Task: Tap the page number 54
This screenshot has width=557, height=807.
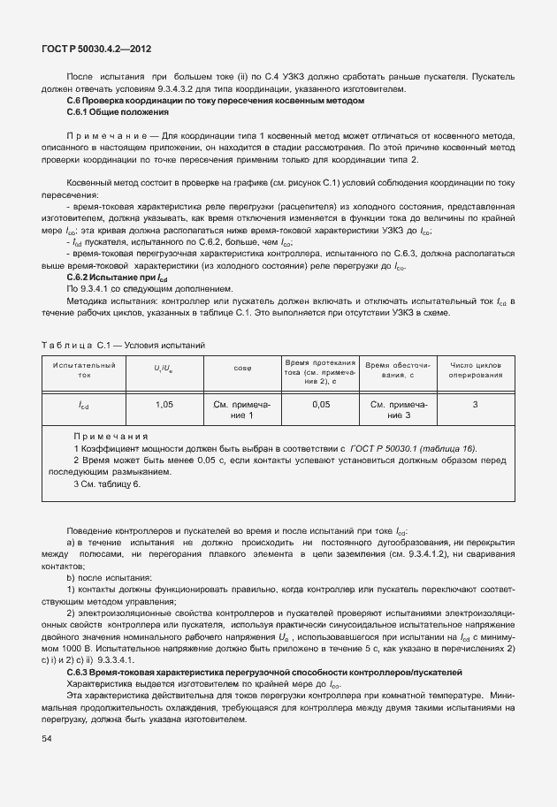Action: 48,738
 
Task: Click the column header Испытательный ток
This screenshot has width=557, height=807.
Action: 84,369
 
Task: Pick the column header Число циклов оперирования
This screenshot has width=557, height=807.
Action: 475,369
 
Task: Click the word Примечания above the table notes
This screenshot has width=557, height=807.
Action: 111,437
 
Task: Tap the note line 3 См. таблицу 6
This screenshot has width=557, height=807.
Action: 107,483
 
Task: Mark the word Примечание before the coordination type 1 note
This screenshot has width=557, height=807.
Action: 105,136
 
